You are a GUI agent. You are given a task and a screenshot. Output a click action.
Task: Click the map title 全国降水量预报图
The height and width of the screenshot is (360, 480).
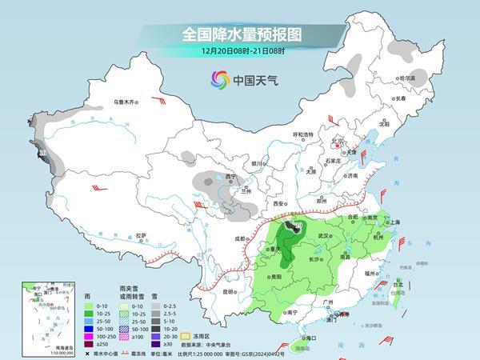pyautogui.click(x=239, y=34)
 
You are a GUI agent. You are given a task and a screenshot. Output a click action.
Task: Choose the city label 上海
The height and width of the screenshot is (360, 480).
pyautogui.click(x=394, y=222)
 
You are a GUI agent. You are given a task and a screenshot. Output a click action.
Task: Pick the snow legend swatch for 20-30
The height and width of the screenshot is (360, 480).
pyautogui.click(x=158, y=335)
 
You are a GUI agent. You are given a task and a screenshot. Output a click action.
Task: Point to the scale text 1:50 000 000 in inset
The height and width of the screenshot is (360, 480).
pyautogui.click(x=40, y=354)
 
